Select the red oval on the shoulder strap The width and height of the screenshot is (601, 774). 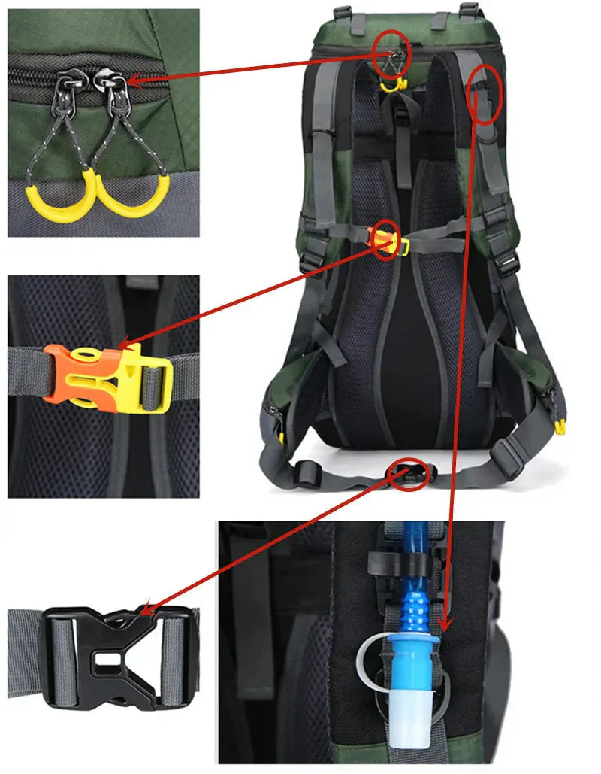coord(484,94)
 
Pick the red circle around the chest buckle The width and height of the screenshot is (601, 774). coord(386,240)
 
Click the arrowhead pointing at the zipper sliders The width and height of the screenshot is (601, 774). coord(132,79)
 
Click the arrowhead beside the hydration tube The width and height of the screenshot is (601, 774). coord(445,625)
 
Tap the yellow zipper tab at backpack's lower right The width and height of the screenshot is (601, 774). coord(559,427)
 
